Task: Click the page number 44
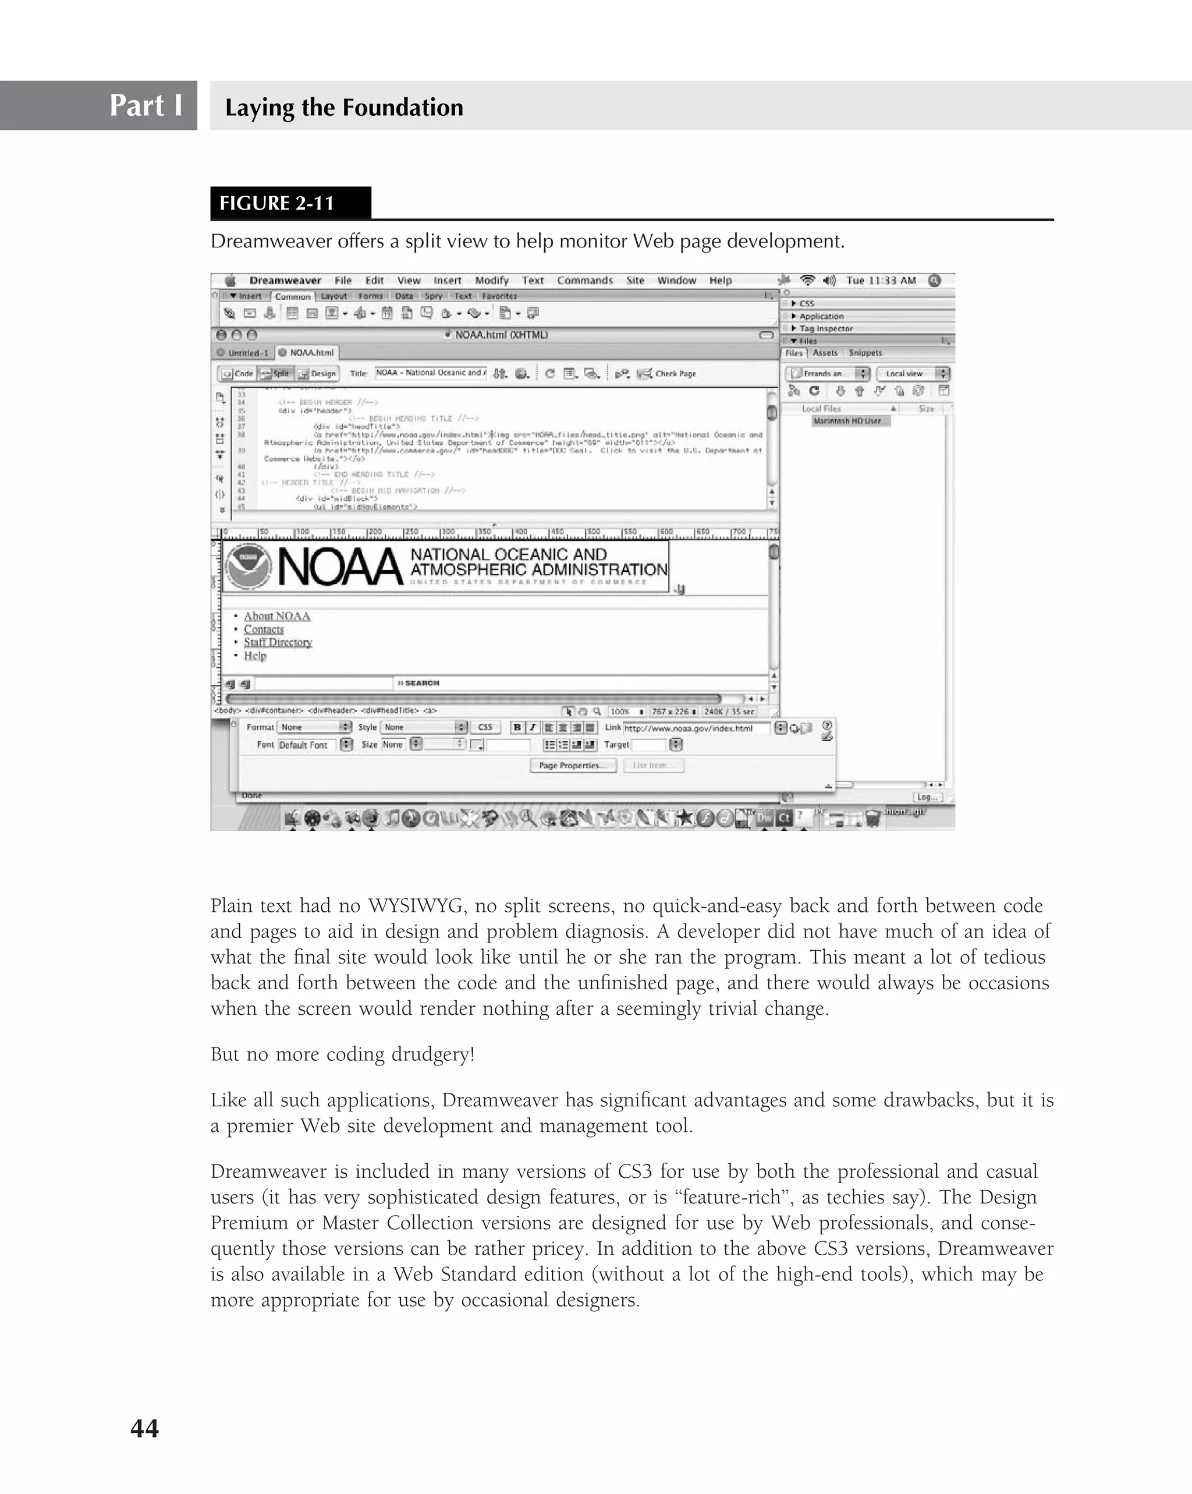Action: tap(144, 1428)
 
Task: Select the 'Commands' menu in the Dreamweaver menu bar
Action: tap(584, 281)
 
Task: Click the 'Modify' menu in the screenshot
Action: tap(491, 281)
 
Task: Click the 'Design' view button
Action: tap(318, 374)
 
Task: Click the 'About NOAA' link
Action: tap(276, 616)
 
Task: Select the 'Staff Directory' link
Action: tap(277, 642)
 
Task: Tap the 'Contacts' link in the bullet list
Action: tap(263, 629)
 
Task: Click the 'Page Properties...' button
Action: tap(572, 766)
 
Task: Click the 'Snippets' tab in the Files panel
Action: tap(865, 353)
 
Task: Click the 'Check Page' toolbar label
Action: tap(675, 374)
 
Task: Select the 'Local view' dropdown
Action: tap(912, 374)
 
